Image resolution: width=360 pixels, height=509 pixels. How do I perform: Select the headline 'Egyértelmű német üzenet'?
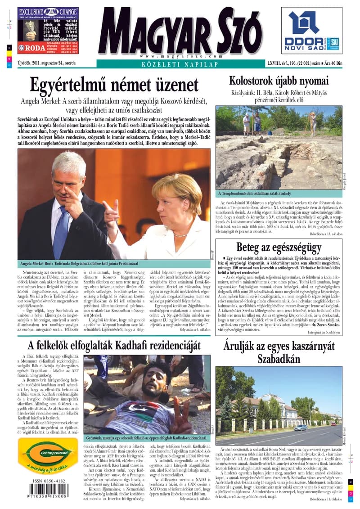tap(114, 85)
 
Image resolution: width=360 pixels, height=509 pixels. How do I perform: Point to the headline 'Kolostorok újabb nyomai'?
tap(279, 81)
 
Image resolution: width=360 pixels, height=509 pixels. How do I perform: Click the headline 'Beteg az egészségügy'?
tap(279, 247)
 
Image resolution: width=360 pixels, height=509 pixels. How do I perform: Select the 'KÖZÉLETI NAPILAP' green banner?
tap(180, 64)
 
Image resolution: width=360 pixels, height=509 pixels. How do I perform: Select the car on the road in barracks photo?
tap(301, 427)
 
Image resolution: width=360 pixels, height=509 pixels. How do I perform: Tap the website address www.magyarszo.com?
tap(175, 56)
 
